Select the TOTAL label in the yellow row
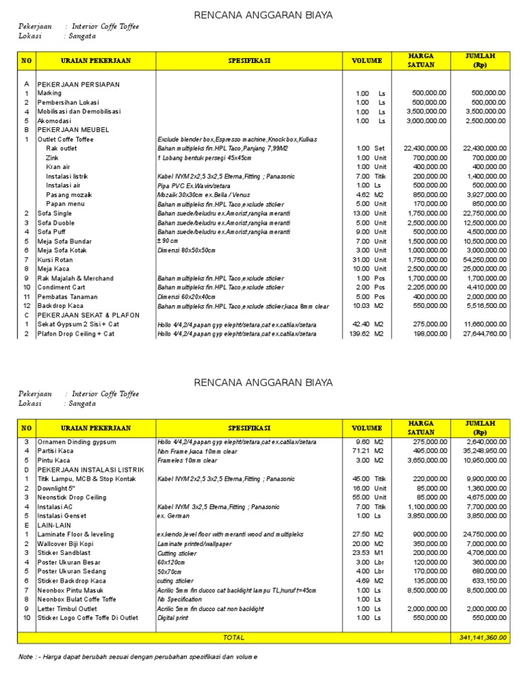[x=234, y=638]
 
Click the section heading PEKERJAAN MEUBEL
[x=73, y=130]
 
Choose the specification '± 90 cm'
[x=167, y=241]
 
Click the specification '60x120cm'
[x=171, y=562]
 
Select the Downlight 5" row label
[x=60, y=488]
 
